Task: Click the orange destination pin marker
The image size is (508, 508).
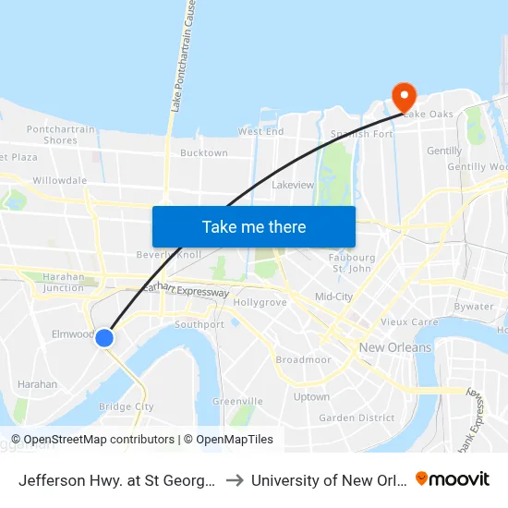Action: coord(404,96)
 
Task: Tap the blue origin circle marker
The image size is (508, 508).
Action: coord(104,338)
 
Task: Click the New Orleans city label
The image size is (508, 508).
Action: coord(395,347)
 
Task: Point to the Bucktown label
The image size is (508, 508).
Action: coord(204,153)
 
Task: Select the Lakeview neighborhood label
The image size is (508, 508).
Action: coord(293,185)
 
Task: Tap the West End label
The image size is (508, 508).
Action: coord(261,132)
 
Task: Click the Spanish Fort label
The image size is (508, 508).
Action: coord(362,134)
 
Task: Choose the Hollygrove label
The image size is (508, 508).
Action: coord(256,302)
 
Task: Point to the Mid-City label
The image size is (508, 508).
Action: coord(333,296)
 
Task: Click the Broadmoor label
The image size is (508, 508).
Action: coord(303,359)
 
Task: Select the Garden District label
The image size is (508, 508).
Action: coord(357,417)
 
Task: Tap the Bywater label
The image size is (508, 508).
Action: coord(474,306)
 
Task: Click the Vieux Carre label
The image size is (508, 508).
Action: coord(408,322)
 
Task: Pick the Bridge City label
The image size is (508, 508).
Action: coord(126,406)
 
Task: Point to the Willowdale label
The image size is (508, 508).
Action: coord(60,181)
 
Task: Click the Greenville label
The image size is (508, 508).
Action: coord(237,402)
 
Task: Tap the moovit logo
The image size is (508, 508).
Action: coord(453,478)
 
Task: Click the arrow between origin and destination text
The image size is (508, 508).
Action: coord(235,480)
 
